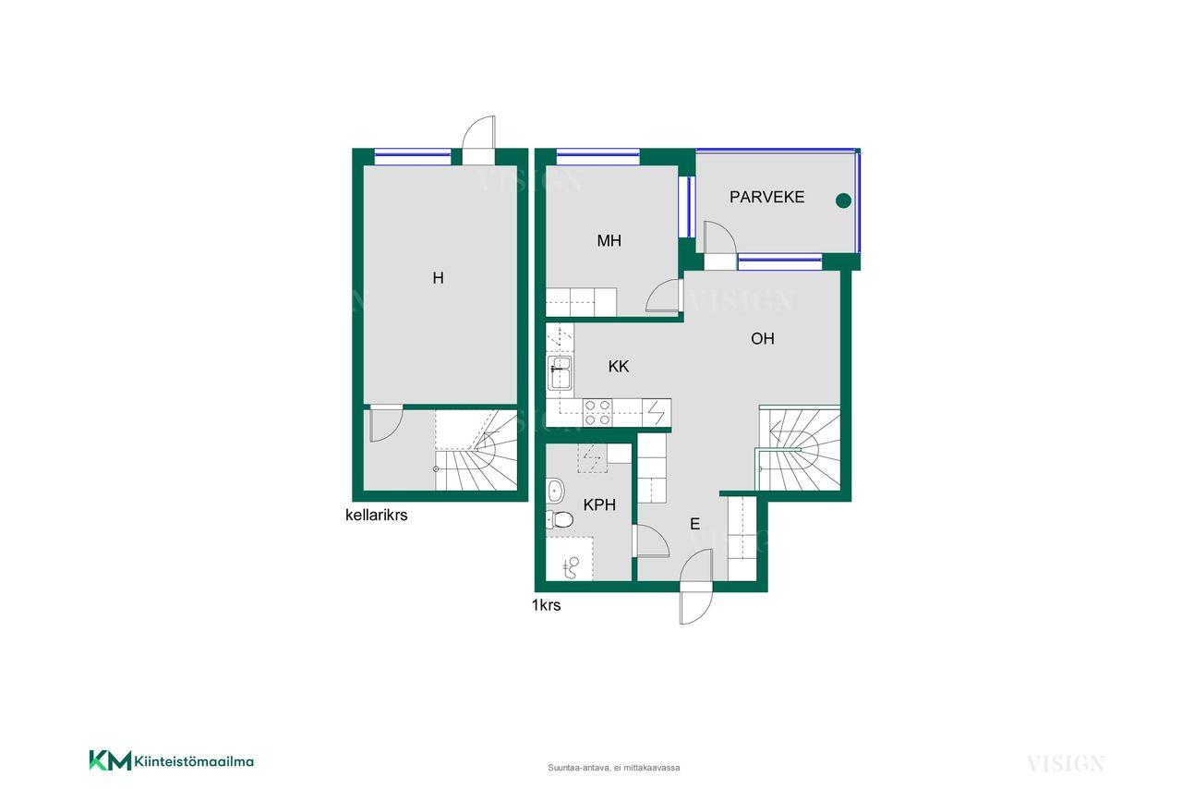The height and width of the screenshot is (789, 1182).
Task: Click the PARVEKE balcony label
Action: click(x=766, y=197)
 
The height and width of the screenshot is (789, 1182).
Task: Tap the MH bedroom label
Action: click(x=609, y=241)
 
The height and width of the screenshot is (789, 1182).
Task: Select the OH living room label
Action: click(x=763, y=338)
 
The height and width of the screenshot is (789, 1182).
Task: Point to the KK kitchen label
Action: click(x=619, y=367)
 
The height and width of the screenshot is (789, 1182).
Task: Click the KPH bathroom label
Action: click(x=599, y=504)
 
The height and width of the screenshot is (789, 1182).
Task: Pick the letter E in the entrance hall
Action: click(x=695, y=524)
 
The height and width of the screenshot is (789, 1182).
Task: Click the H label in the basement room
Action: click(x=438, y=278)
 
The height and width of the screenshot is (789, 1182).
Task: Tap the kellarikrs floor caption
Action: click(x=376, y=515)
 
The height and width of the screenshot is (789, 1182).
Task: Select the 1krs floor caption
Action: click(x=546, y=605)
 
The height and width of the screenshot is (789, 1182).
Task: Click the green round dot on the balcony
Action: click(x=843, y=200)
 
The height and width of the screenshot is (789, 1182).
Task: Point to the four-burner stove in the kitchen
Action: click(x=597, y=412)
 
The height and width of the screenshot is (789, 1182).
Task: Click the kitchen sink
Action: click(x=560, y=372)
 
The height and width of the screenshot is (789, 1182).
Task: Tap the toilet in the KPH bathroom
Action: click(x=560, y=519)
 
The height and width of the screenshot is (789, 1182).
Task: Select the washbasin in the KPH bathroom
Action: click(x=555, y=492)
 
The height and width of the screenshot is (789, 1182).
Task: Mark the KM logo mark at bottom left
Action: click(x=110, y=760)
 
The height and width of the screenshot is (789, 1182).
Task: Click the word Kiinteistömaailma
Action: click(x=194, y=761)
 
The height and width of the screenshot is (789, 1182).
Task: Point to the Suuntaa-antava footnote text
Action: click(x=614, y=768)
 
